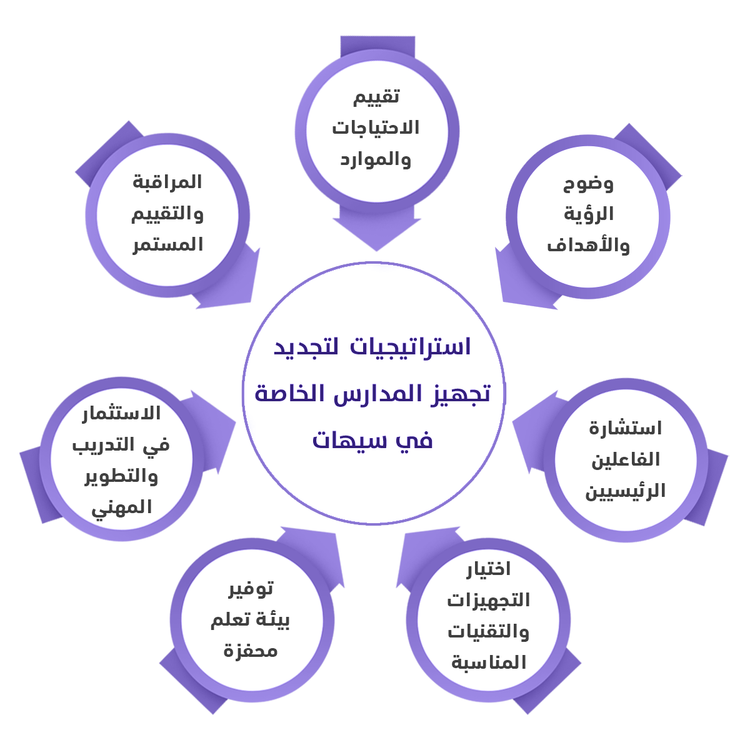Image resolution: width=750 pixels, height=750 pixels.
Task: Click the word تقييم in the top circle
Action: tap(376, 97)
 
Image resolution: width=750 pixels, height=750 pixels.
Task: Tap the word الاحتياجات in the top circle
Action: tap(376, 127)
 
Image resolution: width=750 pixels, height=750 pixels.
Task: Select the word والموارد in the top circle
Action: tap(376, 159)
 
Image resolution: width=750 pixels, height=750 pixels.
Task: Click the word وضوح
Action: tap(588, 184)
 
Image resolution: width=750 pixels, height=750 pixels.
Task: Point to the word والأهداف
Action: tap(588, 244)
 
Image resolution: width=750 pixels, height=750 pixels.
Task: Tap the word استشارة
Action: tap(625, 428)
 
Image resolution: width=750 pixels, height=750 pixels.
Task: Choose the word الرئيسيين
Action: tap(625, 491)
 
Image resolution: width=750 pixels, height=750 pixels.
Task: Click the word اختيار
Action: tap(489, 569)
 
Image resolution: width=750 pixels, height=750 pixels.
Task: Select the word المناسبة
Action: tap(489, 662)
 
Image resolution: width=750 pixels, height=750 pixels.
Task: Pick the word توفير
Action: tap(251, 589)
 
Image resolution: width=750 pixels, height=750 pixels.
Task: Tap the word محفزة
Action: tap(251, 651)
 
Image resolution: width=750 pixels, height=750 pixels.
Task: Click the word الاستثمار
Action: tap(121, 414)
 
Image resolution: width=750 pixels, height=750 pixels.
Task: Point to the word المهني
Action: tap(121, 507)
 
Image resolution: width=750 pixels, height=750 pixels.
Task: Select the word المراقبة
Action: tap(167, 182)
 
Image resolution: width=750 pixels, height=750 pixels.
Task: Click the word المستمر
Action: tap(167, 244)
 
